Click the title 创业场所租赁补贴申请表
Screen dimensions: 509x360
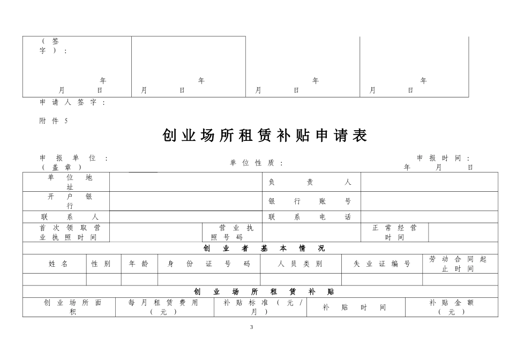coord(265,136)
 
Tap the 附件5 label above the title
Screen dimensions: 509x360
coord(54,121)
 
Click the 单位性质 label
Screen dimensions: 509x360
coord(257,163)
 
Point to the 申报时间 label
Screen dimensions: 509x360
coord(444,158)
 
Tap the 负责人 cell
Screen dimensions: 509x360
coord(310,182)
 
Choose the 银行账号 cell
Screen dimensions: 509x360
coord(310,201)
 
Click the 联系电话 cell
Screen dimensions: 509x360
coord(310,217)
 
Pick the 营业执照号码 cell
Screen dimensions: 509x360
coord(232,232)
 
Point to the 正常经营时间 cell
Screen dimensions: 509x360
coord(394,232)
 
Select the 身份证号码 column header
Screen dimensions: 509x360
coord(209,264)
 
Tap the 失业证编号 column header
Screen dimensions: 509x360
coord(382,264)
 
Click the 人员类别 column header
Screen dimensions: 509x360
coord(300,264)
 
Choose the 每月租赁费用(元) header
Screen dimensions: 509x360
coord(163,307)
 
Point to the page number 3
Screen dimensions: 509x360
coord(252,327)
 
